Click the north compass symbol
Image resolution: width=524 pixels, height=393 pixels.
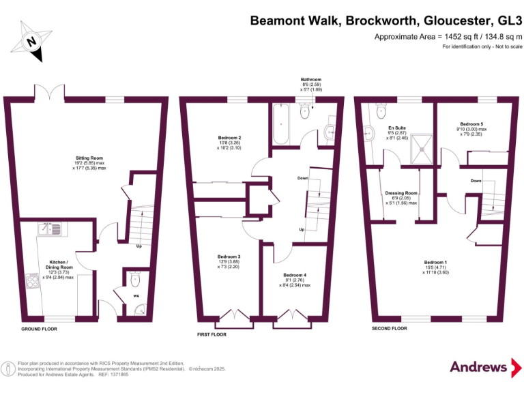coord(31,41)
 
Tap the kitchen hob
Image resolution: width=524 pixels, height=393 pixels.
coord(32,280)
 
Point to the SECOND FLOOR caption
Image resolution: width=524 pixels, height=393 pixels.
coord(390,329)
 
